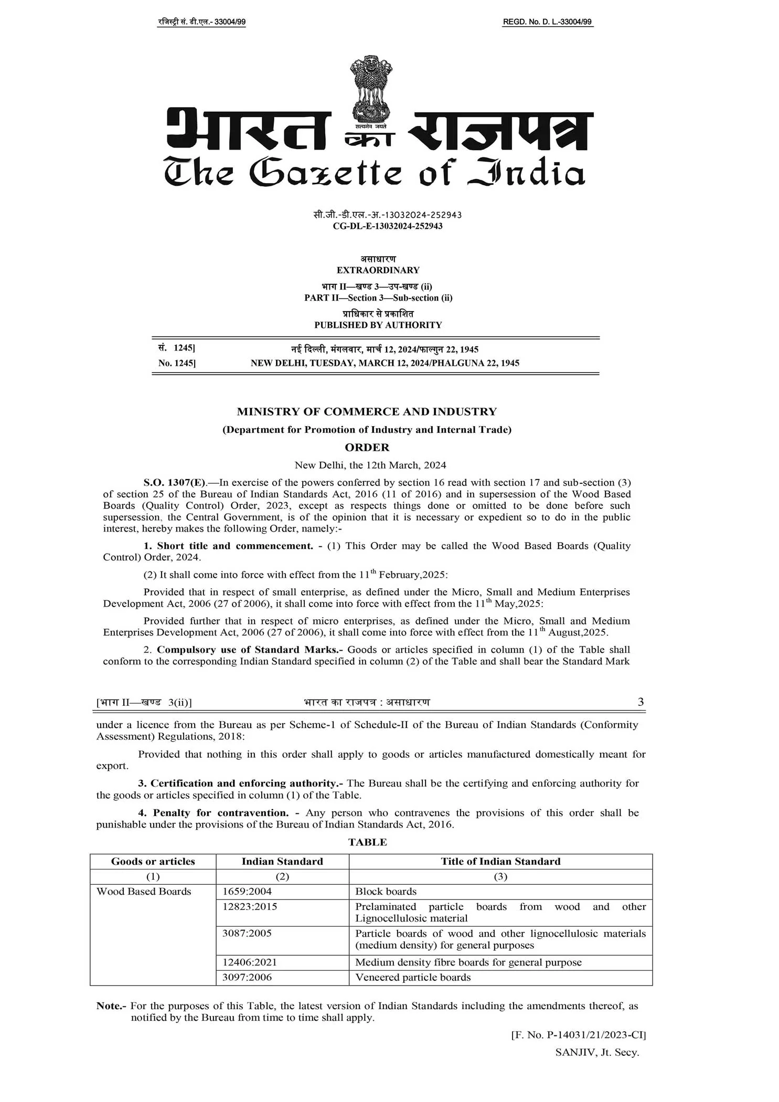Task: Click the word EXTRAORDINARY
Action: (378, 270)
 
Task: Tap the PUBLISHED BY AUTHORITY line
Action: (378, 325)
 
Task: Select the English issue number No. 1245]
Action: (177, 363)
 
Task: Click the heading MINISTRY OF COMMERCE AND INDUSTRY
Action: (367, 412)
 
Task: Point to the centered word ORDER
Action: (367, 448)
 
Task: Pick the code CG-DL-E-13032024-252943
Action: (388, 226)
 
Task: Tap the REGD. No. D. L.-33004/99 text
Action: (547, 22)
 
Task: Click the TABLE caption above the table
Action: (367, 842)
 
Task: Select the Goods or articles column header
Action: (153, 861)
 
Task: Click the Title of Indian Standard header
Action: (500, 861)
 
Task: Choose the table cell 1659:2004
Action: (247, 892)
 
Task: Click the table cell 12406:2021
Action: (249, 962)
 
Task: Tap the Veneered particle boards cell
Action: (413, 978)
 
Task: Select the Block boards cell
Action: (386, 892)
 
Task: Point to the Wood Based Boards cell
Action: (144, 892)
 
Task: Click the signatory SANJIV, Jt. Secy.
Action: (597, 1053)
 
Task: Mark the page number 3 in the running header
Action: (641, 702)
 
